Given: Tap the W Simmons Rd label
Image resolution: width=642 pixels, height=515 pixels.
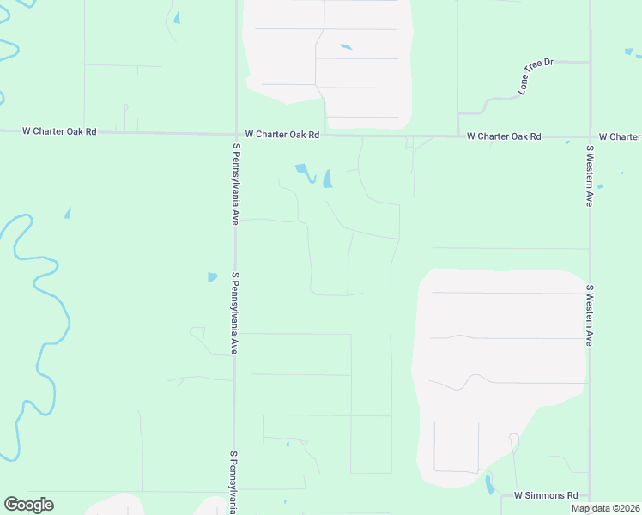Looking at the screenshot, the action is tap(546, 495).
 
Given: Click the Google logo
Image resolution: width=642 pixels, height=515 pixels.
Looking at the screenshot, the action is tap(28, 505).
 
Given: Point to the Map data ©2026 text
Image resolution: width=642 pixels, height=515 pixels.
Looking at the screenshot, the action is tap(606, 508).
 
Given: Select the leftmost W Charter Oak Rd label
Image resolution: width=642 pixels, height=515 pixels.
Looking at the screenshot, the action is tap(59, 131).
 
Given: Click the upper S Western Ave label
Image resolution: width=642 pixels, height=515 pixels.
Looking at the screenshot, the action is tap(591, 175).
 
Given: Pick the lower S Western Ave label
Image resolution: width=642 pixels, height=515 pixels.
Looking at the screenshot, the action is tap(591, 315).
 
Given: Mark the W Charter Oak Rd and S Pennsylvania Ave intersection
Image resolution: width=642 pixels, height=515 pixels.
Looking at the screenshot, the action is tap(236, 134).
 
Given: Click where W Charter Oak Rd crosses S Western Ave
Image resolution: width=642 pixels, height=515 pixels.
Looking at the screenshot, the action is tap(590, 136).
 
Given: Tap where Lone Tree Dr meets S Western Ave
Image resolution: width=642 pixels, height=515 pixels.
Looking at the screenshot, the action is tap(590, 62).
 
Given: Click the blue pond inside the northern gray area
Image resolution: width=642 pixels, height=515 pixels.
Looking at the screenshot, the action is tap(346, 46).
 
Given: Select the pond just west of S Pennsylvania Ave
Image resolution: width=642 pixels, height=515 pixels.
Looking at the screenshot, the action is tap(212, 277).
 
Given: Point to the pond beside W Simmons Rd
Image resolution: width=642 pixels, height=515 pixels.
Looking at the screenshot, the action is tap(489, 485).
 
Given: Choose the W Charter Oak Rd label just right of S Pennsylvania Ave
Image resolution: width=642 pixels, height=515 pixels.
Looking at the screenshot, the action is tap(282, 135).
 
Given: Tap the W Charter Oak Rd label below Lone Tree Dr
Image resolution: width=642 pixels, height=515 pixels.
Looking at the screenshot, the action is tap(504, 136).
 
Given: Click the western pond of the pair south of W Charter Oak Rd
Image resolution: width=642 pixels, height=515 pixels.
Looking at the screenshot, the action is tap(304, 172).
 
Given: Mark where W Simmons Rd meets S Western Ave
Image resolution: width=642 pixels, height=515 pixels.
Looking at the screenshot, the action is tap(590, 495).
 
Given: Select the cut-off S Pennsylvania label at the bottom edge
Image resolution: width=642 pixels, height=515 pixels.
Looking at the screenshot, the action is tap(233, 482).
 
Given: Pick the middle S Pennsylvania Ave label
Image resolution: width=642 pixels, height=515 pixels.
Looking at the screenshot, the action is tap(233, 313).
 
